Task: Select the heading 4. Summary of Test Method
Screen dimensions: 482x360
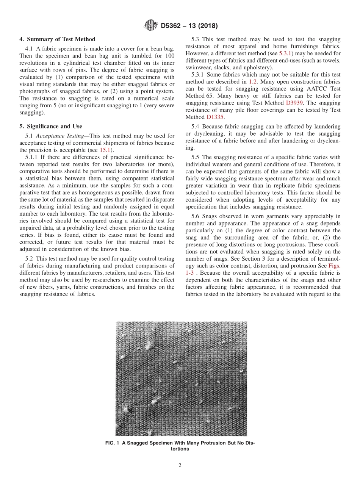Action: pyautogui.click(x=57, y=39)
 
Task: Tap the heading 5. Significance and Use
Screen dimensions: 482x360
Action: pyautogui.click(x=51, y=126)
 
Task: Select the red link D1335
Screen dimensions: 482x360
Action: pyautogui.click(x=215, y=117)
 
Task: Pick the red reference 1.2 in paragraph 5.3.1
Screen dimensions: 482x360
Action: pyautogui.click(x=253, y=81)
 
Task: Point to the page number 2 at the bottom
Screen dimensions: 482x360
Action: pyautogui.click(x=180, y=466)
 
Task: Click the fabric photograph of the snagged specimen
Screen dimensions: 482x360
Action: pyautogui.click(x=181, y=379)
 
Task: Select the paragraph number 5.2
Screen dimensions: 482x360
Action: pyautogui.click(x=30, y=259)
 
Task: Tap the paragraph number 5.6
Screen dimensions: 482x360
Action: pyautogui.click(x=207, y=216)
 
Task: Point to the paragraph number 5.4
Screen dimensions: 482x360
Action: pyautogui.click(x=207, y=127)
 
